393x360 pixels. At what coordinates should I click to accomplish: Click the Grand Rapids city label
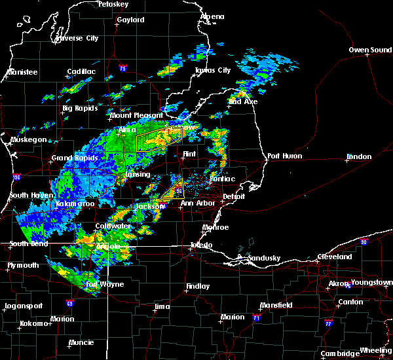tap(75, 158)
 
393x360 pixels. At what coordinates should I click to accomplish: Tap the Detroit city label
tap(233, 196)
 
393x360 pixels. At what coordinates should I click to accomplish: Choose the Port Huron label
tap(282, 156)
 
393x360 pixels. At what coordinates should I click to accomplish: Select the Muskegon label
tap(29, 140)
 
